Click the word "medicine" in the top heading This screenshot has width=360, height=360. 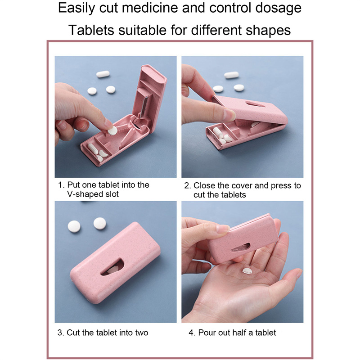pos(150,8)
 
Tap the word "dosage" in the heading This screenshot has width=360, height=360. pos(278,9)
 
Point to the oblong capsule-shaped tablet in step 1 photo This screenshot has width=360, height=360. pos(103,74)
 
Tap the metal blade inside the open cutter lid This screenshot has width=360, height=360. pos(144,107)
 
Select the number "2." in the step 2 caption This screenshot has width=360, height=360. pos(187,185)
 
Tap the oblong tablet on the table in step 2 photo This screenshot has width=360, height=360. pos(231,75)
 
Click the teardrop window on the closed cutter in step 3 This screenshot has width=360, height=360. pos(112,267)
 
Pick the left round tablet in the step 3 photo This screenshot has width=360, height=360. pos(74,226)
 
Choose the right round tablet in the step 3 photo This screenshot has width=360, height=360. pos(100,223)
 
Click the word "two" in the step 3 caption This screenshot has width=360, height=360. pos(141,333)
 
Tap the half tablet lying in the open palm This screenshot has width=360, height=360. pos(247,271)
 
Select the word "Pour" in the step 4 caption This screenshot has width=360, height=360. pos(207,333)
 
